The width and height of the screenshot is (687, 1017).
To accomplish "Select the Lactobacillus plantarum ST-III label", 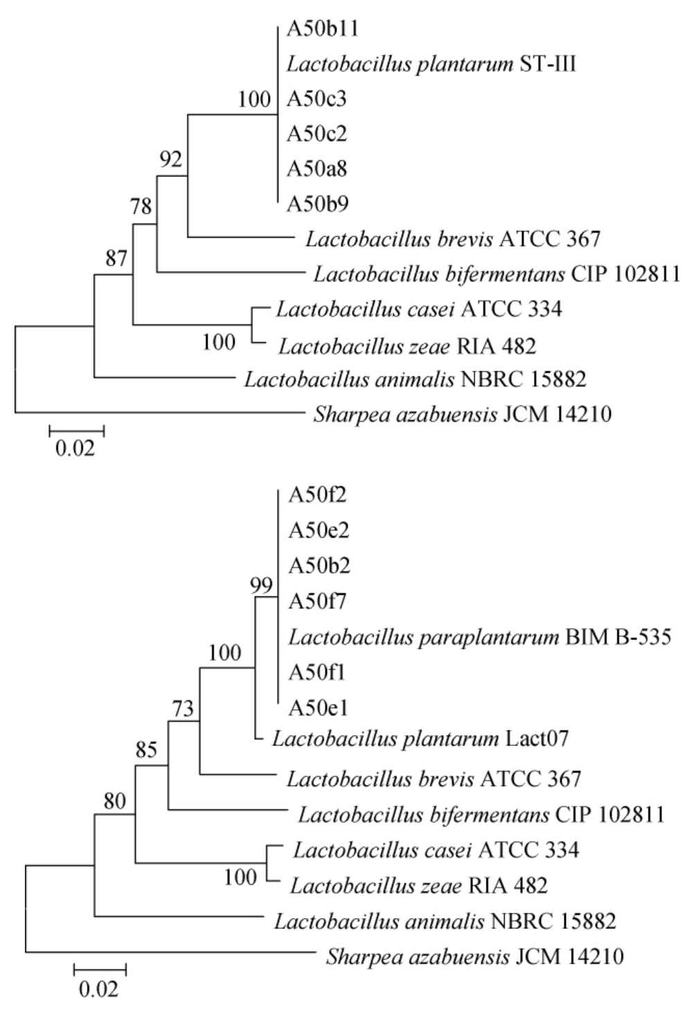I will (431, 65).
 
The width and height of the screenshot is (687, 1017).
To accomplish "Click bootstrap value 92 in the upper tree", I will (171, 160).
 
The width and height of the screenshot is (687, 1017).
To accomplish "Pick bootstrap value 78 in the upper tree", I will (141, 206).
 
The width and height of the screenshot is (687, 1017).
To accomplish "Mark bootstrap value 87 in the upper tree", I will (116, 258).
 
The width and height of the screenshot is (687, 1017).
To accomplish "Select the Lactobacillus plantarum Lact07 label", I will (420, 739).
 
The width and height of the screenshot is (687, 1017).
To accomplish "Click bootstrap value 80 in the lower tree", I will (115, 802).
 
